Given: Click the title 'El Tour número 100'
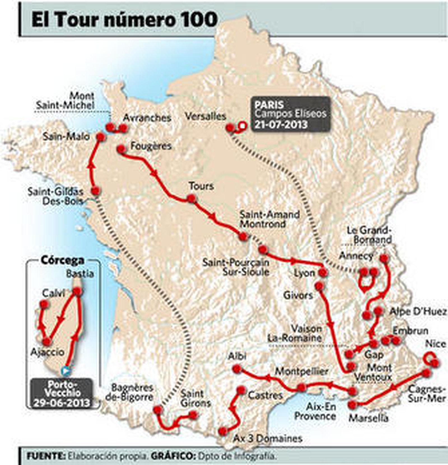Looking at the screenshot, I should tap(124, 20).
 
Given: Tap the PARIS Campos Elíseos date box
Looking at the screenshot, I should tap(290, 114).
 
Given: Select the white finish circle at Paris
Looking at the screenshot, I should tap(242, 126).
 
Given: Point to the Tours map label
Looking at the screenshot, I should tap(201, 186).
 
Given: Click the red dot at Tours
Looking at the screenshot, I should tap(191, 199).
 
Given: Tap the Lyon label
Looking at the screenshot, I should tap(304, 273).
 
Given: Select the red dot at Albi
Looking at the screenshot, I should tap(237, 369).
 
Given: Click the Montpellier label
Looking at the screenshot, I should tap(301, 372).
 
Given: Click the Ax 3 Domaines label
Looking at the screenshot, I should tap(268, 438).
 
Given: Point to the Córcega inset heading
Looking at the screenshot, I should tap(62, 260).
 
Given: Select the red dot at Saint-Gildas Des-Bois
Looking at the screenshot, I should tap(96, 191).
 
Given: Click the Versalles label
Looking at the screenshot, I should tap(206, 116).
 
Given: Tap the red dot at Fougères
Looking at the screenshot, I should tap(121, 149).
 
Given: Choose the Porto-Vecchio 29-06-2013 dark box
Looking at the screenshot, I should tap(62, 393).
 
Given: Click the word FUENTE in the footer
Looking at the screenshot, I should tap(45, 456).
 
